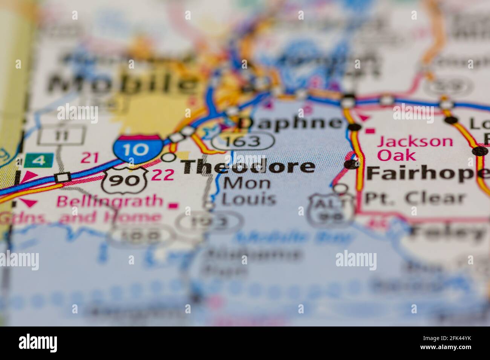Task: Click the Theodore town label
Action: [249, 166]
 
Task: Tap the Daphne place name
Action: [291, 123]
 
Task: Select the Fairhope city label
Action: [426, 173]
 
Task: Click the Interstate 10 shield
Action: [137, 149]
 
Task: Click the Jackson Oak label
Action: [415, 148]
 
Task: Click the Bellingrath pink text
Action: [109, 201]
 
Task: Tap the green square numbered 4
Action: [39, 161]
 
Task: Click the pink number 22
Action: [163, 174]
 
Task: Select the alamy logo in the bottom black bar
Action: [38, 343]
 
